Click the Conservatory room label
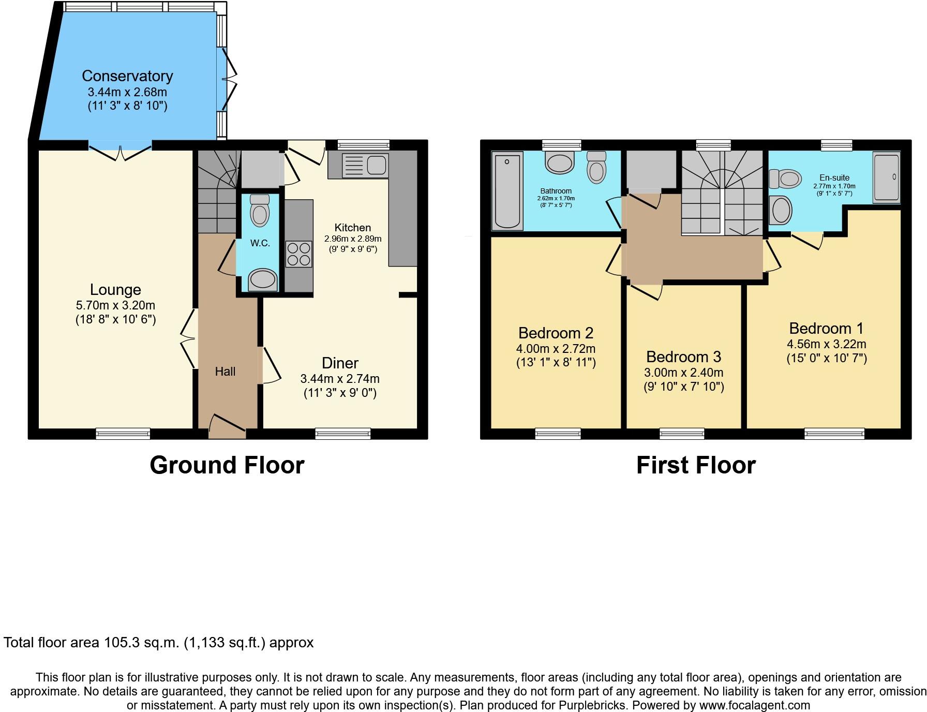point(127,76)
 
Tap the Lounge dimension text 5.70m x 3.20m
point(115,305)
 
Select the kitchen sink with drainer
point(365,166)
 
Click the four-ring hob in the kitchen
point(298,254)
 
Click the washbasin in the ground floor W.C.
point(263,280)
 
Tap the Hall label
point(225,371)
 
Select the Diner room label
point(340,363)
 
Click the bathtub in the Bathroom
point(507,190)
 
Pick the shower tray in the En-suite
point(887,177)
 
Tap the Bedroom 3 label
point(683,357)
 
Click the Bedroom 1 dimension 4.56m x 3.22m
point(826,344)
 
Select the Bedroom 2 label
point(556,333)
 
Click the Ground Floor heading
point(227,465)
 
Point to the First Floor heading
point(696,465)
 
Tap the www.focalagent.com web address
point(754,705)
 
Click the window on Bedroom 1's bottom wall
point(834,434)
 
